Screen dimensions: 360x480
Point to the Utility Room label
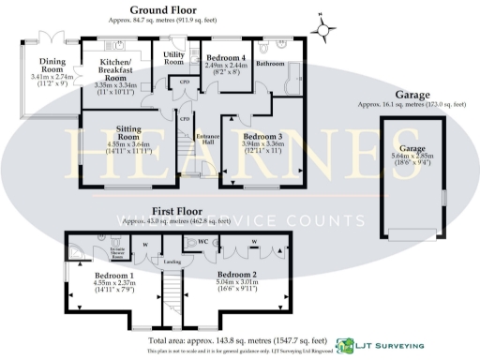click(x=174, y=59)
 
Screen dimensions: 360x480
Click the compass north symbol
click(x=323, y=28)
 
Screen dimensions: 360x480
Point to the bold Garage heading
click(x=412, y=95)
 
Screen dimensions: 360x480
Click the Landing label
click(x=172, y=262)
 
